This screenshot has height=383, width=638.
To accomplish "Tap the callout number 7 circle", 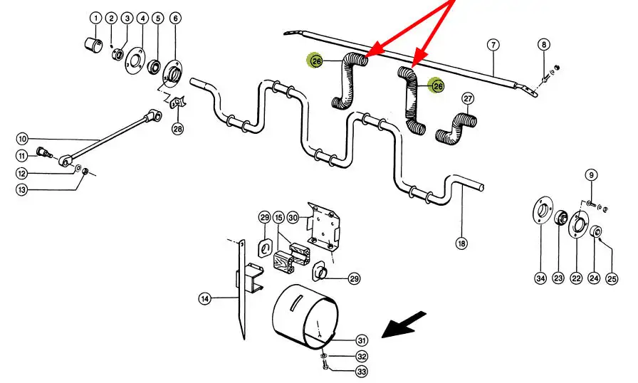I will [493, 44].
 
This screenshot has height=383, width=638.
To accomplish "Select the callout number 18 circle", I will [461, 243].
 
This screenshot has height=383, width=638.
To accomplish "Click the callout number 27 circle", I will [468, 98].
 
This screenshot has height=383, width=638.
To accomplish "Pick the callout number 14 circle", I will [204, 300].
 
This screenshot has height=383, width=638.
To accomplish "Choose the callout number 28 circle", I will [177, 129].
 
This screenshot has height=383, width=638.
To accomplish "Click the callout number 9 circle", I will [590, 174].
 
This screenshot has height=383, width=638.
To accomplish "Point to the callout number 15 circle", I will [278, 216].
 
